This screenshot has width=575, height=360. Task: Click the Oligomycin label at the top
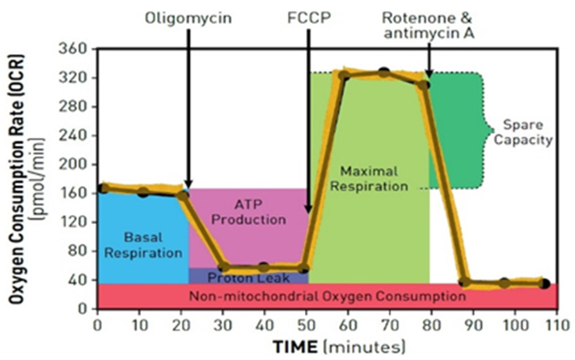click(x=188, y=18)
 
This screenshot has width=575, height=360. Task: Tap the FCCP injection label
click(x=309, y=18)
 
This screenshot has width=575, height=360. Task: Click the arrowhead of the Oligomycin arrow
click(x=189, y=185)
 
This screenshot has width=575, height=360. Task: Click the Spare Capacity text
click(x=523, y=132)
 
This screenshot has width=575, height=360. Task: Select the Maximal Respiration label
click(x=369, y=179)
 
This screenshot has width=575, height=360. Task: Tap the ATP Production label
click(x=249, y=212)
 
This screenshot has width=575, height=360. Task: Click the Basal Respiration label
click(x=143, y=245)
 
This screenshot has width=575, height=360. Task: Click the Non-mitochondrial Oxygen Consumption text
click(x=327, y=297)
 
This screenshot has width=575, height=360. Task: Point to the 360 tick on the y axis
click(x=73, y=49)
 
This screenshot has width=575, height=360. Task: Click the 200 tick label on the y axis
click(x=73, y=164)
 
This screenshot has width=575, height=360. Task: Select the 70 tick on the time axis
click(x=390, y=325)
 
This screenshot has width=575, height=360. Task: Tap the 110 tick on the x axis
click(x=556, y=325)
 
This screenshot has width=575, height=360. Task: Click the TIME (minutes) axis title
click(x=339, y=347)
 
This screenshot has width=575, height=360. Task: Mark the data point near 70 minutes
click(x=384, y=73)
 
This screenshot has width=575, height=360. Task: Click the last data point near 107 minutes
click(x=544, y=284)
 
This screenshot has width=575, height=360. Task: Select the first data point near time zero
click(x=103, y=188)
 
